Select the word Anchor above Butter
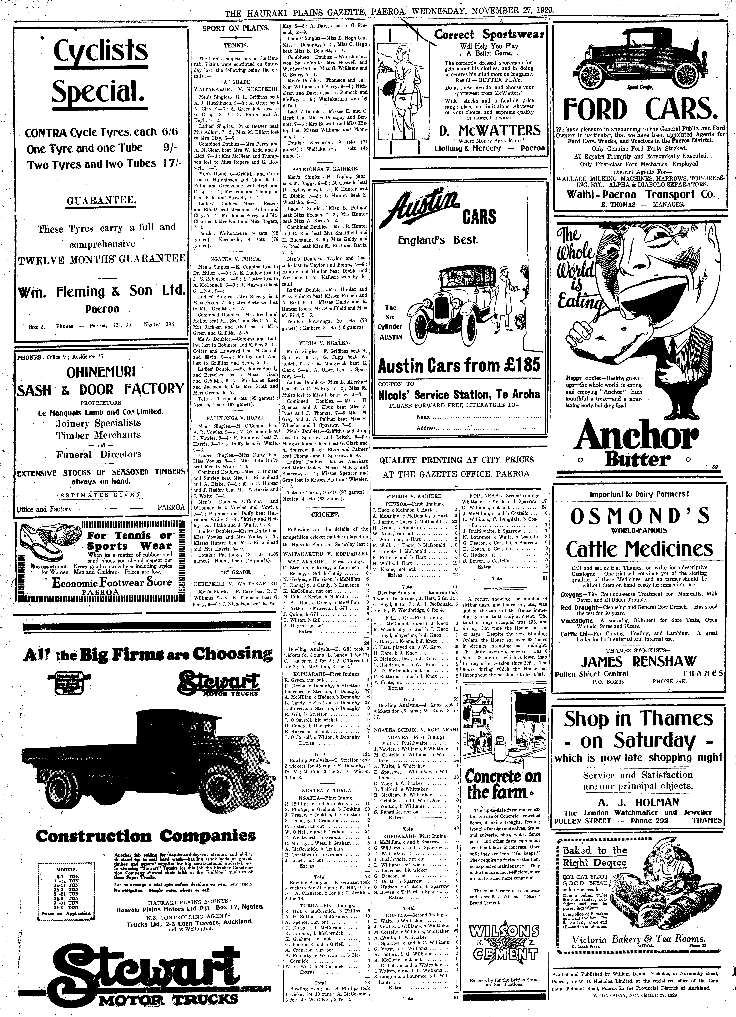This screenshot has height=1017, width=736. click(x=637, y=437)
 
